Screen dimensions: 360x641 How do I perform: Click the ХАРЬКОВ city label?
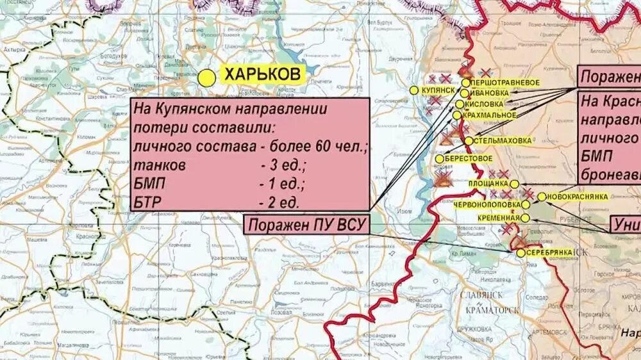pyautogui.click(x=262, y=75)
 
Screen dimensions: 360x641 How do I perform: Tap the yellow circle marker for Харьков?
pyautogui.click(x=206, y=78)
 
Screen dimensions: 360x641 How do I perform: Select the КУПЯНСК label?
pyautogui.click(x=438, y=91)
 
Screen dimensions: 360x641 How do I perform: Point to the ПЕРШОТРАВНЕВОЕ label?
pyautogui.click(x=505, y=83)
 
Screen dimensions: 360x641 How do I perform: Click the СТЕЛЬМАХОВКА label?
pyautogui.click(x=502, y=140)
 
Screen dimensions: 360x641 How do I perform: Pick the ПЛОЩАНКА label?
pyautogui.click(x=488, y=184)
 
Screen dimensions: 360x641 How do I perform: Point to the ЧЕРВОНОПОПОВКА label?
pyautogui.click(x=487, y=204)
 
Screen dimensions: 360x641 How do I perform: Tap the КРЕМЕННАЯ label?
pyautogui.click(x=498, y=218)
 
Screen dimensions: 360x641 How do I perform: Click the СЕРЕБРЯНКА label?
pyautogui.click(x=549, y=253)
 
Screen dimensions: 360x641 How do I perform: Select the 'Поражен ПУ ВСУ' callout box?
pyautogui.click(x=307, y=225)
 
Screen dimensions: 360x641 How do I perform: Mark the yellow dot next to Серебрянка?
pyautogui.click(x=520, y=253)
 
